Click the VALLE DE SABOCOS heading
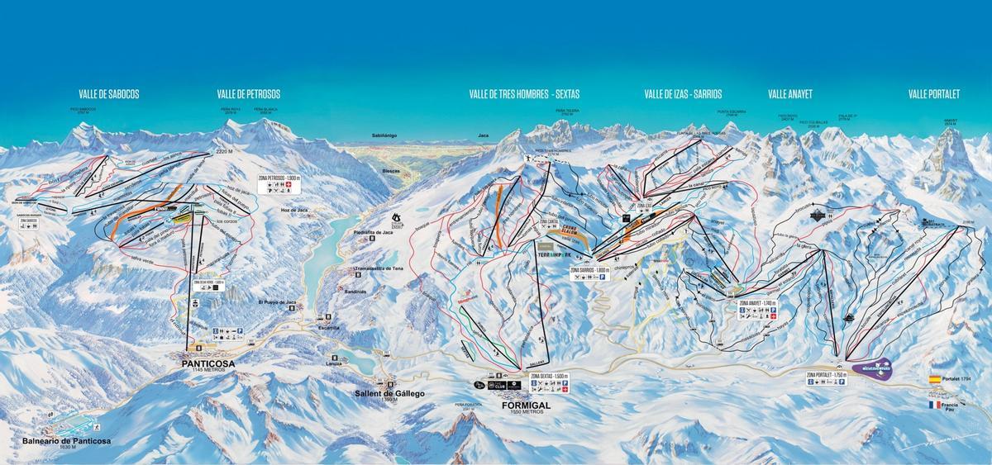click(108, 94)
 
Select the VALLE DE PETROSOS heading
click(249, 94)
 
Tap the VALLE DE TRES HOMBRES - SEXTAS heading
click(524, 94)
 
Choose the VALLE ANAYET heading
click(789, 94)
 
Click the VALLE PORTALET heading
click(933, 94)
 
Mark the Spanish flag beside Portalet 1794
click(935, 379)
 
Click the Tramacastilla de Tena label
click(378, 268)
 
